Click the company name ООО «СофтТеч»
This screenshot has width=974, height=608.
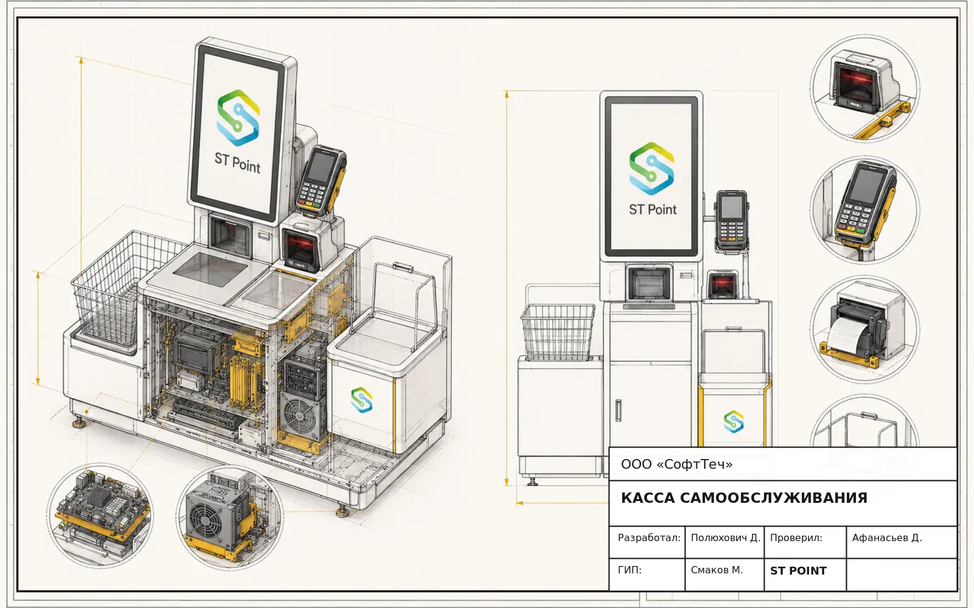pos(676,465)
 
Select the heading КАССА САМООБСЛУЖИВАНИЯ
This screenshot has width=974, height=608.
pos(744,498)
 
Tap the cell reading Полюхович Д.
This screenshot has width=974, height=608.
pos(725,537)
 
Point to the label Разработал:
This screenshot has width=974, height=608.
pos(649,537)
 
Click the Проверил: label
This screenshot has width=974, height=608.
pos(796,537)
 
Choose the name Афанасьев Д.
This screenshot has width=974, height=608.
pos(886,537)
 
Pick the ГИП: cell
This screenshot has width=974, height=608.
pos(629,570)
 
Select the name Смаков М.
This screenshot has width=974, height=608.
pos(716,570)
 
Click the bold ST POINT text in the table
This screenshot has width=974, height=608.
pos(798,571)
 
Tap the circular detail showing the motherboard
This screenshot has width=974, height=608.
pos(100,515)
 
